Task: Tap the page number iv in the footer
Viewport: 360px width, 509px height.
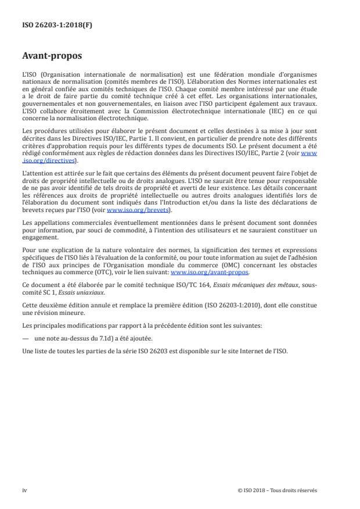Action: coord(24,490)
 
